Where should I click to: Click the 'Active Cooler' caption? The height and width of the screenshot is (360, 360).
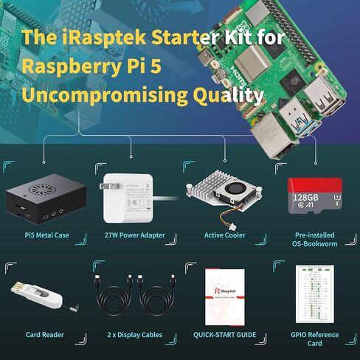pos(224,236)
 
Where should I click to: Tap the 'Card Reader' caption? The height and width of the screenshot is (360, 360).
pos(45,335)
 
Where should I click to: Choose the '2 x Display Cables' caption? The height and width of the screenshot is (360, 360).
pos(135,335)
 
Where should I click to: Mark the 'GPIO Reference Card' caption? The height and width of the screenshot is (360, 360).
pos(314,339)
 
